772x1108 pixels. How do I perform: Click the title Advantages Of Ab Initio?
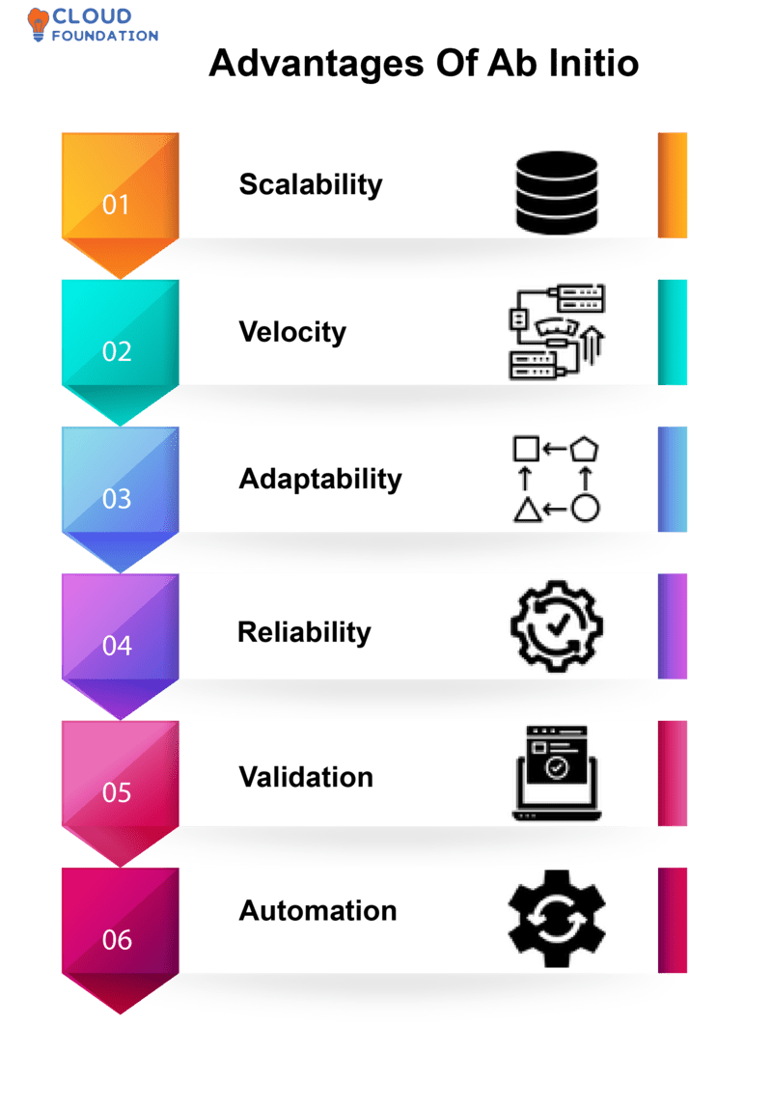click(424, 64)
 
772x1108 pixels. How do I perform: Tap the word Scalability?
click(311, 184)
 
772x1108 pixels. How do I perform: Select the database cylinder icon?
click(556, 187)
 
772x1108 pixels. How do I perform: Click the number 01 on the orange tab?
click(116, 205)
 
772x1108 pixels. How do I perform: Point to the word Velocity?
click(292, 332)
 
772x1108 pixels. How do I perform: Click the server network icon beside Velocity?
click(556, 332)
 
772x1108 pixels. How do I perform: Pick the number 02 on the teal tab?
click(117, 351)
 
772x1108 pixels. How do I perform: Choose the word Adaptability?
click(320, 479)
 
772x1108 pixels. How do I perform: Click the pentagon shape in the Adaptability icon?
click(586, 449)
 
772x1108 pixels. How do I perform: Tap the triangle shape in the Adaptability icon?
click(526, 509)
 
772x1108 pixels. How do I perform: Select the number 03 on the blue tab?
click(117, 499)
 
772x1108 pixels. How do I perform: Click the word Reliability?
click(304, 632)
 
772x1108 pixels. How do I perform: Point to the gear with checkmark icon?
click(556, 626)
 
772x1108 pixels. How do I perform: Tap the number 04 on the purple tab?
click(117, 646)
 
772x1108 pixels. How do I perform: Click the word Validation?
click(306, 777)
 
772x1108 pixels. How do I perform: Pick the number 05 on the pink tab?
click(117, 792)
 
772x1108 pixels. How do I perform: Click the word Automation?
click(317, 911)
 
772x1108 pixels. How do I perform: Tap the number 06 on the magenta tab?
click(117, 940)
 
